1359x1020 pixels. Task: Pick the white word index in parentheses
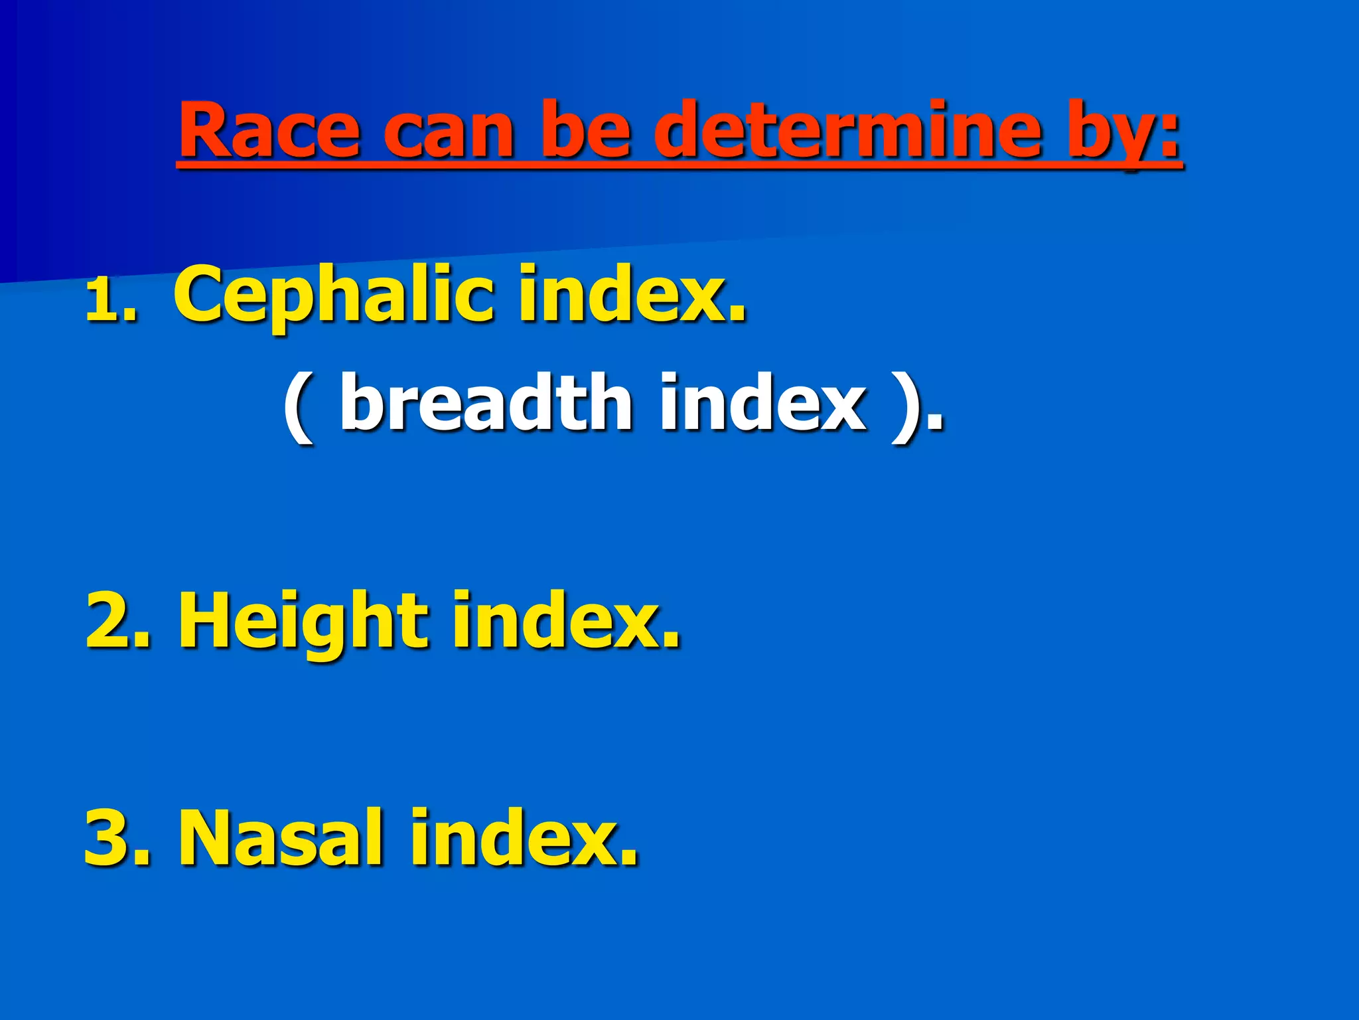(763, 402)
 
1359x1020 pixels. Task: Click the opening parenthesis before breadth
(298, 406)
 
